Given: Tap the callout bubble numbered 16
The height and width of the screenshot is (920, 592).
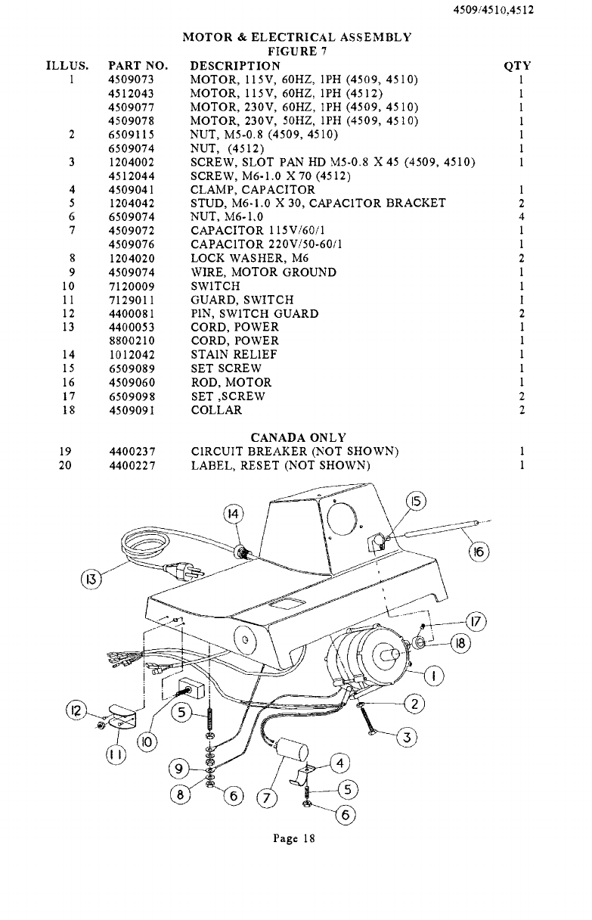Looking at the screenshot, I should coord(479,552).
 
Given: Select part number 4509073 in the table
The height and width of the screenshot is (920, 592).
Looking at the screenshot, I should coord(132,79).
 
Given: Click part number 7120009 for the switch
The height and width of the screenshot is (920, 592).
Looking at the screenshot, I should coord(132,287).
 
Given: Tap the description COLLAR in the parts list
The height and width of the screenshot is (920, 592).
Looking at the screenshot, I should coord(216,411).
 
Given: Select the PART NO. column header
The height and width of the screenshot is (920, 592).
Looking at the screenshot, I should coord(138,65).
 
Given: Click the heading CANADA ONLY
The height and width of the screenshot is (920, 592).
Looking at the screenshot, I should coord(298,438).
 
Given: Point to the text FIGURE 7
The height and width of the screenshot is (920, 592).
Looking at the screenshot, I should coord(297,51).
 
